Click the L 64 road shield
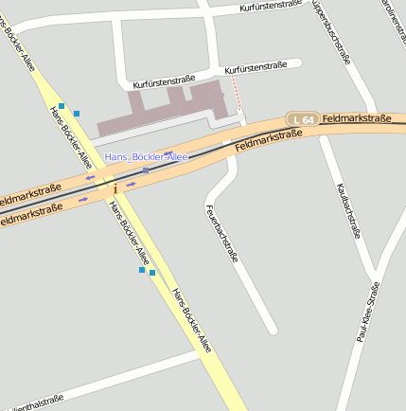pos(303,118)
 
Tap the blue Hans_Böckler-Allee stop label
pos(146,156)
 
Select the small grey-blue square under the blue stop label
pos(145,170)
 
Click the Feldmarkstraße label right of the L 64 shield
pos(357,118)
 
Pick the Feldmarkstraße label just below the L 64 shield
pos(268,139)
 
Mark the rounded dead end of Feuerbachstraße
pos(272,329)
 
